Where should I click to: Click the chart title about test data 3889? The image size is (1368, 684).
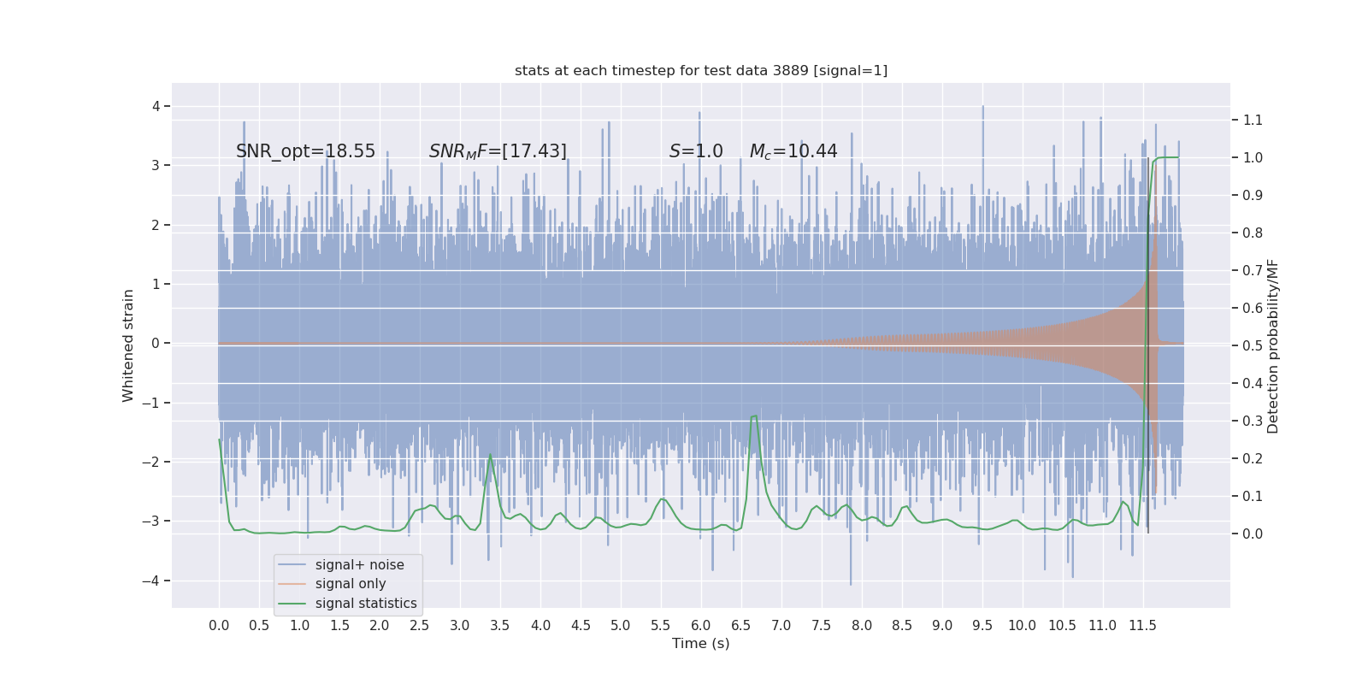[701, 70]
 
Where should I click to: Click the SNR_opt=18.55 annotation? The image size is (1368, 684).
[305, 151]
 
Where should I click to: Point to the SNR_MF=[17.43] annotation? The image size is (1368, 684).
[498, 151]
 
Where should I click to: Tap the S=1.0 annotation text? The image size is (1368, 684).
[696, 151]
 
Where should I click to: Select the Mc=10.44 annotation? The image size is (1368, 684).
[793, 151]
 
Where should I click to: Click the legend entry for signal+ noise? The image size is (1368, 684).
[359, 565]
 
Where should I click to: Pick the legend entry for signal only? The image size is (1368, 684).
[351, 584]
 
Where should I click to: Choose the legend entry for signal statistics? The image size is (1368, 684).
[366, 604]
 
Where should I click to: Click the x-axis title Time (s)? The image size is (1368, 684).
[701, 643]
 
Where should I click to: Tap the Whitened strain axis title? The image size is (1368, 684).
[128, 345]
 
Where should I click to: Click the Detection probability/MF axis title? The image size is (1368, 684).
[1273, 345]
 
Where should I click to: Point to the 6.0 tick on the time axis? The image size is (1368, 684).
[701, 625]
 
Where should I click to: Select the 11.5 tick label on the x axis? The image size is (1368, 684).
[1142, 625]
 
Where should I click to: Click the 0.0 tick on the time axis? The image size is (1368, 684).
[219, 625]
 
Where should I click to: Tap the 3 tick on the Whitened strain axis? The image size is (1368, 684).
[156, 165]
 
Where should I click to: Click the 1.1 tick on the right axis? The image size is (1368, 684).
[1253, 120]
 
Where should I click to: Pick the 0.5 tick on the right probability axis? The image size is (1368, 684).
[1253, 345]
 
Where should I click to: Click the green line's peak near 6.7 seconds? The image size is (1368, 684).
[755, 416]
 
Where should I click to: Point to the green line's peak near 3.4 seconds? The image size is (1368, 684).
[490, 455]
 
